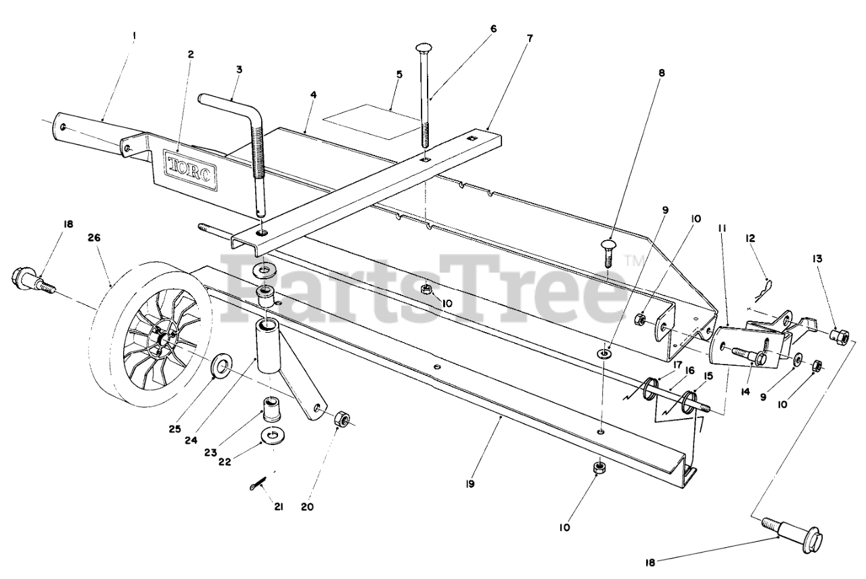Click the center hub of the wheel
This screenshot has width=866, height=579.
click(x=160, y=336)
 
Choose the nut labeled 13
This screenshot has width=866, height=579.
click(x=840, y=335)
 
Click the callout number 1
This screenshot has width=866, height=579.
click(x=133, y=34)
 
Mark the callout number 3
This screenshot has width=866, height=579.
click(x=240, y=69)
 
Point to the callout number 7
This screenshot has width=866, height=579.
click(x=530, y=38)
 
